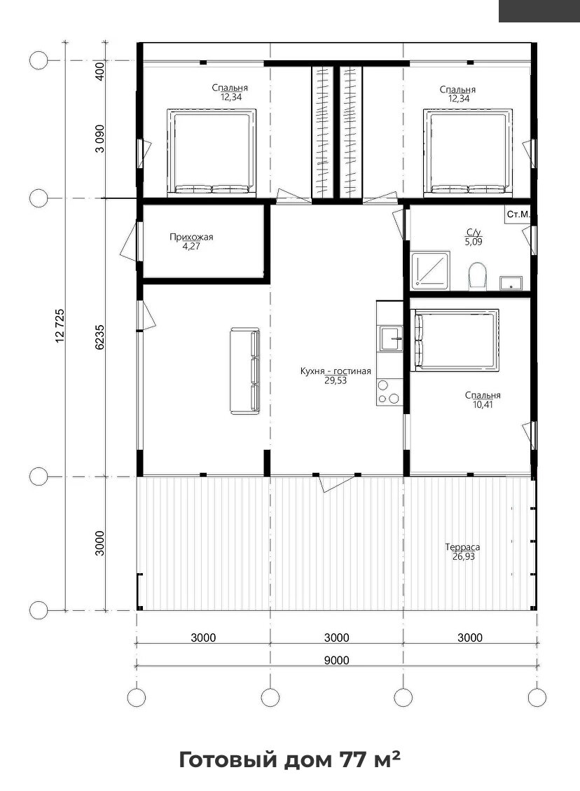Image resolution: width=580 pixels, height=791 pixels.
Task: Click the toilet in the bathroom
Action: (477, 276)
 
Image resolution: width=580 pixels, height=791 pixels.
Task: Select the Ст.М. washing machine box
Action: (518, 214)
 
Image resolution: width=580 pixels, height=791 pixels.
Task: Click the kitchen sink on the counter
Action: (392, 338)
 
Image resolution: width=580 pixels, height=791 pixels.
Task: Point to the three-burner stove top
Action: (389, 393)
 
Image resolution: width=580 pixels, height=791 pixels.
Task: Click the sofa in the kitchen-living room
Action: (245, 371)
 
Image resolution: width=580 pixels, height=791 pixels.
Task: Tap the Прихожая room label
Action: (191, 237)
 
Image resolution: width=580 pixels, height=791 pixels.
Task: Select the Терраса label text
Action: (462, 547)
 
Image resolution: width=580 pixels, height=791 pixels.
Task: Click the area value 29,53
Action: (336, 381)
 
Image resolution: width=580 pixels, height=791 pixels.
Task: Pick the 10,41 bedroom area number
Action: (483, 404)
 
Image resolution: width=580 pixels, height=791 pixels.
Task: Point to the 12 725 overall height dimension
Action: (60, 326)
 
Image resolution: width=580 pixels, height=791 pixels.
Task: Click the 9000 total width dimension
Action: (336, 661)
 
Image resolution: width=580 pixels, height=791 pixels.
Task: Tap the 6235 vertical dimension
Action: (100, 337)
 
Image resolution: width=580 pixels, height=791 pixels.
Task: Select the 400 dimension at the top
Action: (100, 71)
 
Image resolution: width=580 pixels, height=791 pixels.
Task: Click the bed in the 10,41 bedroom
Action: (457, 340)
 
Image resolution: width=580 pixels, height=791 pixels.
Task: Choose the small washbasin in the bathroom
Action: (511, 283)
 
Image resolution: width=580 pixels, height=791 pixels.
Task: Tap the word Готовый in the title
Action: (228, 759)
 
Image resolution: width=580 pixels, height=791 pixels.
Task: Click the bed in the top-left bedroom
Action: (212, 152)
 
